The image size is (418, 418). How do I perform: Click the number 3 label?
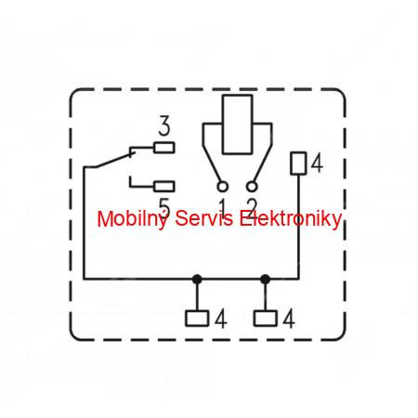pyautogui.click(x=164, y=125)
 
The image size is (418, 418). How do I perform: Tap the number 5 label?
pyautogui.click(x=164, y=207)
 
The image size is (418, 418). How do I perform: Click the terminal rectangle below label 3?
pyautogui.click(x=164, y=148)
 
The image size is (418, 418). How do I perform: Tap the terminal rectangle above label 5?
pyautogui.click(x=164, y=187)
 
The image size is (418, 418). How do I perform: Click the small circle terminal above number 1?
pyautogui.click(x=222, y=187)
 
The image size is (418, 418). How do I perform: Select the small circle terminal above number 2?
pyautogui.click(x=252, y=187)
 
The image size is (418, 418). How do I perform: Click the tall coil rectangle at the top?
pyautogui.click(x=238, y=124)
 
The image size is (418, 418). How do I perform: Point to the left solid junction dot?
pyautogui.click(x=197, y=280)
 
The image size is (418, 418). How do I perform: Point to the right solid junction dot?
pyautogui.click(x=265, y=280)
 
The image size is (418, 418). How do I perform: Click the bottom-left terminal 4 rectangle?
pyautogui.click(x=197, y=319)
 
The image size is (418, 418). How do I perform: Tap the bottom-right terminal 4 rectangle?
pyautogui.click(x=265, y=319)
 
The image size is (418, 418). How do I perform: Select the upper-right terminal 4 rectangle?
pyautogui.click(x=298, y=163)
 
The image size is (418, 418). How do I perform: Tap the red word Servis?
pyautogui.click(x=203, y=218)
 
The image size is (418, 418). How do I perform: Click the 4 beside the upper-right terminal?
pyautogui.click(x=317, y=163)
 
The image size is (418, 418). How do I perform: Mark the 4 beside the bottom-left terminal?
pyautogui.click(x=221, y=319)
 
